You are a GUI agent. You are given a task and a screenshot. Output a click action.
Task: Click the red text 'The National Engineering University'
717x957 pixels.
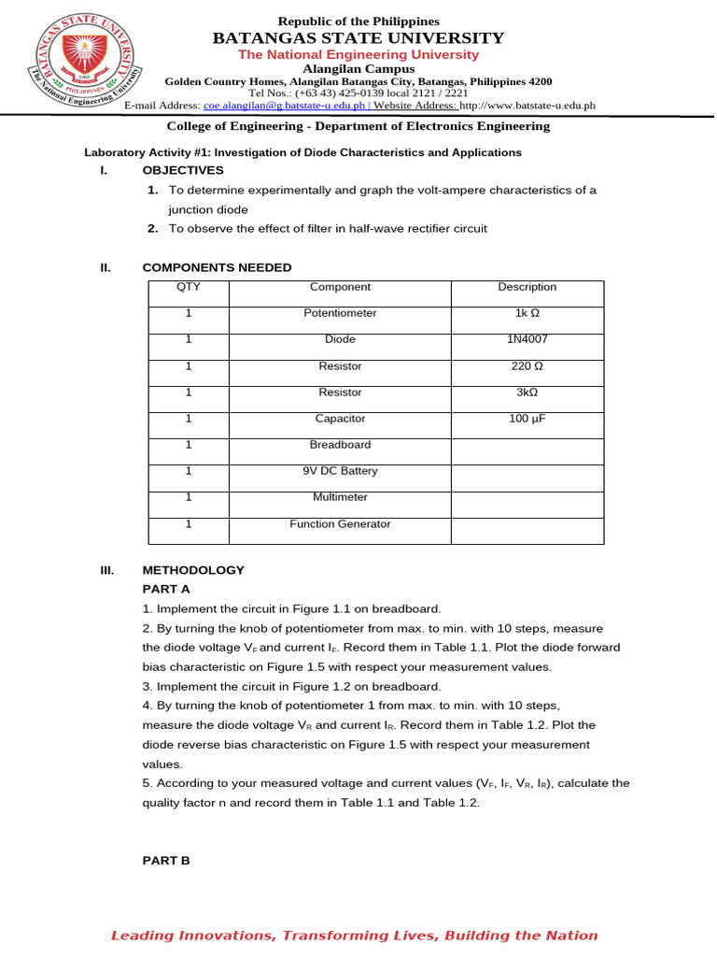click(358, 55)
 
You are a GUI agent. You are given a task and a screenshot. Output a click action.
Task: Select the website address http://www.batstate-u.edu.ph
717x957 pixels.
click(527, 106)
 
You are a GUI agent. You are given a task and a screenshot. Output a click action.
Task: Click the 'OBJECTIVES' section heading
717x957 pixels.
click(183, 170)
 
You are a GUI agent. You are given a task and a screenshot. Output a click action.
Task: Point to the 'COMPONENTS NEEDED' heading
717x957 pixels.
click(217, 267)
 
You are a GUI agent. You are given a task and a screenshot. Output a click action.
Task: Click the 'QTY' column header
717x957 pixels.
click(188, 287)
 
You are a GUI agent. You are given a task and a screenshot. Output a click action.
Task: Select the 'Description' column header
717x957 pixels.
click(527, 287)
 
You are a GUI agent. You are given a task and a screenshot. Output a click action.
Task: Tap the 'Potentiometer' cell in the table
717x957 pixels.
click(340, 313)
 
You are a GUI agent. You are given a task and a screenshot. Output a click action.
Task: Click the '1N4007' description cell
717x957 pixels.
click(527, 339)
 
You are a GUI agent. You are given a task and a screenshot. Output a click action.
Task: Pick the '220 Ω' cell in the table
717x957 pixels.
click(527, 366)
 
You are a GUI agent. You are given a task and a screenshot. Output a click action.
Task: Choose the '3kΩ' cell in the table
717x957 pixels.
click(527, 393)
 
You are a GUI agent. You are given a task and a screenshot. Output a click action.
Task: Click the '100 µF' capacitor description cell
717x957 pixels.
click(527, 419)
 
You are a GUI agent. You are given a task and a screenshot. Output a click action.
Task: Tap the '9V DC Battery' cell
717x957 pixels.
click(340, 471)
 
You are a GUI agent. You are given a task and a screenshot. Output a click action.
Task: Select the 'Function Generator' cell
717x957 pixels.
click(340, 523)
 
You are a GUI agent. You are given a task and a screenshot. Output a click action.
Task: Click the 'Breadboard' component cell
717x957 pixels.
click(340, 445)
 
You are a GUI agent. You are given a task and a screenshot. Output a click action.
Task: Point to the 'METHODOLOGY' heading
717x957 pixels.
click(193, 569)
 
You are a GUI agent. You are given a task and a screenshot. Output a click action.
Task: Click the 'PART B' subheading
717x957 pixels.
click(166, 860)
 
